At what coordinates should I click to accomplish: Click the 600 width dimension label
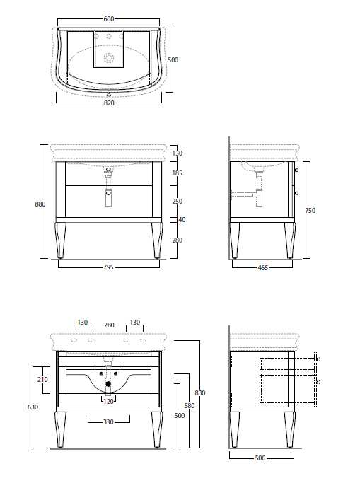[109, 19]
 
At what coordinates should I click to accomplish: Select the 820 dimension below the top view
[109, 103]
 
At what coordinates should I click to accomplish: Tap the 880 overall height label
[40, 204]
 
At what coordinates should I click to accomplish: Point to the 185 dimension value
[177, 173]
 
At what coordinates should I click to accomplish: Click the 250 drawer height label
[177, 202]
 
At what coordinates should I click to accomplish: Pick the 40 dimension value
[182, 220]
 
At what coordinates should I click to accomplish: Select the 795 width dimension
[109, 267]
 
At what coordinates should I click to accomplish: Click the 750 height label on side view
[310, 210]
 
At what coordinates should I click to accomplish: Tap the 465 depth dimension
[263, 267]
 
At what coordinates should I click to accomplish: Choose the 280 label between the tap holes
[109, 325]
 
